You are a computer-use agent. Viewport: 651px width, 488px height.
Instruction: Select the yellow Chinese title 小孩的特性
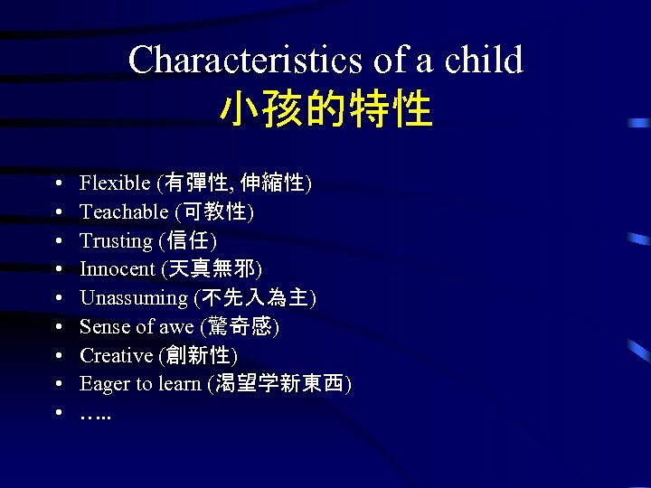(325, 109)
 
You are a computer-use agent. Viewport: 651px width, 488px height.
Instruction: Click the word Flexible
(115, 183)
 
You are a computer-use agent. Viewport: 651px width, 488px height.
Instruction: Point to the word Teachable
(124, 212)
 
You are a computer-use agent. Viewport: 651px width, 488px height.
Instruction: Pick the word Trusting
(116, 241)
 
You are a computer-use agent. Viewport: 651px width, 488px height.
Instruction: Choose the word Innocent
(117, 269)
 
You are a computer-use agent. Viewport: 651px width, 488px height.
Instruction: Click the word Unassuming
(133, 298)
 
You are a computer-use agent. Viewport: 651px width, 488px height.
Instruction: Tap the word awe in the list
(175, 327)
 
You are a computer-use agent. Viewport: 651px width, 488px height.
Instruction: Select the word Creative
(116, 355)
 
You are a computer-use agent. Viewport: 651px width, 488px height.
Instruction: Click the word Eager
(104, 384)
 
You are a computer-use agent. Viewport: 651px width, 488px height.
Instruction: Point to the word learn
(179, 384)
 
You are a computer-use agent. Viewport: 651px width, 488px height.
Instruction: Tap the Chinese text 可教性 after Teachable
(216, 212)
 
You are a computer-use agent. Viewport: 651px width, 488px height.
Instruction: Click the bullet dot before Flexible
(57, 184)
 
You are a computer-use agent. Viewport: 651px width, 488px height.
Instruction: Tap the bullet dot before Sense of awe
(57, 327)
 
